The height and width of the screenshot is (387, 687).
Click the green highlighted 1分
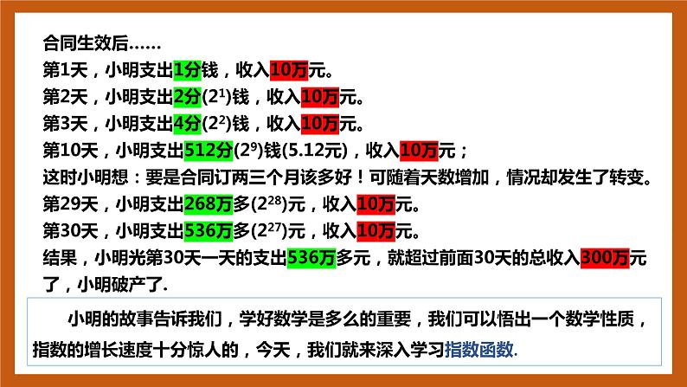(188, 69)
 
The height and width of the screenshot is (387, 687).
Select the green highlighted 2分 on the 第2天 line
(188, 96)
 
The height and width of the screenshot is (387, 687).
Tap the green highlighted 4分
(188, 123)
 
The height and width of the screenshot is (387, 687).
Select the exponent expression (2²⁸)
(269, 205)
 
